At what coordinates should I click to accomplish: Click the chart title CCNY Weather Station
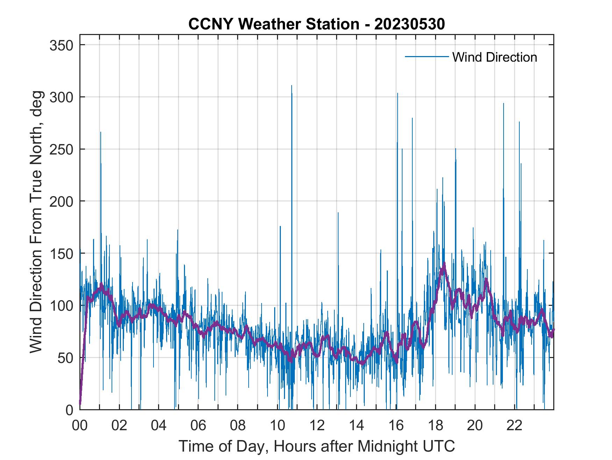pyautogui.click(x=316, y=24)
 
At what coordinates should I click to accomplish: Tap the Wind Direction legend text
pyautogui.click(x=494, y=57)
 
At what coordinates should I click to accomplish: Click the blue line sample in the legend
pyautogui.click(x=427, y=56)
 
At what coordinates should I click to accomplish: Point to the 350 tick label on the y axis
pyautogui.click(x=61, y=45)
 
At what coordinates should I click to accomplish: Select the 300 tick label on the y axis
pyautogui.click(x=61, y=97)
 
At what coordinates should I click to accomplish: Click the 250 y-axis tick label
pyautogui.click(x=61, y=149)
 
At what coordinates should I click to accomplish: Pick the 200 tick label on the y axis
pyautogui.click(x=61, y=201)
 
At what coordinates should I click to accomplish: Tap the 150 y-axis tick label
pyautogui.click(x=61, y=253)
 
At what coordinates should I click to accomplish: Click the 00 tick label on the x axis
pyautogui.click(x=80, y=426)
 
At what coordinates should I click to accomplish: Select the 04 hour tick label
pyautogui.click(x=159, y=426)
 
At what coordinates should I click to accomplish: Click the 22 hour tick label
pyautogui.click(x=514, y=426)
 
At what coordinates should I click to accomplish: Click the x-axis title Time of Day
pyautogui.click(x=316, y=446)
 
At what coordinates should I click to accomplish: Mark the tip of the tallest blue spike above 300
pyautogui.click(x=292, y=85)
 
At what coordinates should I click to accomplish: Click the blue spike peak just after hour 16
pyautogui.click(x=397, y=93)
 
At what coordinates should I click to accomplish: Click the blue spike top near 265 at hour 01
pyautogui.click(x=100, y=132)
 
